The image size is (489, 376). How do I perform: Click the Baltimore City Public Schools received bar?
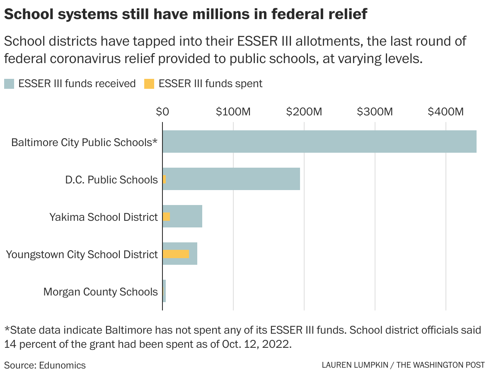(319, 142)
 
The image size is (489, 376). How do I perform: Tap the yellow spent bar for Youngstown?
(176, 254)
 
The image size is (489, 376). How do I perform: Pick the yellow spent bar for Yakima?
(166, 217)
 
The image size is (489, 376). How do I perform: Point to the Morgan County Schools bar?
(164, 291)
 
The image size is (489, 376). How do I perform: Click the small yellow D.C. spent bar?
(164, 179)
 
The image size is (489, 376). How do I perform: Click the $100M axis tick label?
(233, 112)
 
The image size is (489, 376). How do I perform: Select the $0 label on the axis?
(162, 112)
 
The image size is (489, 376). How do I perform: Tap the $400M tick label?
(445, 112)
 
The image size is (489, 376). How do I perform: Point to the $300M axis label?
(375, 112)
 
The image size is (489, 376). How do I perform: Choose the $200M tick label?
(304, 112)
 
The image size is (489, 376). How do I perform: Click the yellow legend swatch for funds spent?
(149, 84)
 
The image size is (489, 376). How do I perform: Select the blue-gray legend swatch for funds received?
(9, 84)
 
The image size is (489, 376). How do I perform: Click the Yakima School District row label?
(104, 217)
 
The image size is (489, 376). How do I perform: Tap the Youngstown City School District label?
(82, 254)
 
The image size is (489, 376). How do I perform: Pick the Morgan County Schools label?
(101, 292)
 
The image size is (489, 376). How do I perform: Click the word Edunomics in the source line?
(63, 365)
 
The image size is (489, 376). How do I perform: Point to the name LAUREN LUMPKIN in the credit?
(356, 365)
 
